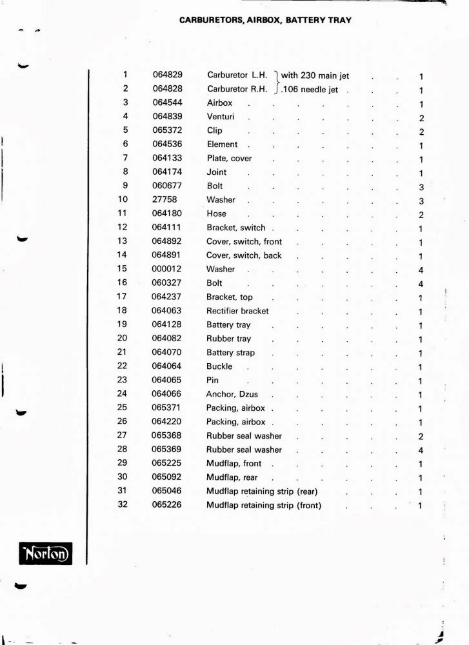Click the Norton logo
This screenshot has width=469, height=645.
(45, 553)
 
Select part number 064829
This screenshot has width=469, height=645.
(168, 75)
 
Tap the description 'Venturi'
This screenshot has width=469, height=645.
(221, 117)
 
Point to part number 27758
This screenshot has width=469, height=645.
(165, 200)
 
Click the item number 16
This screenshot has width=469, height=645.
(123, 283)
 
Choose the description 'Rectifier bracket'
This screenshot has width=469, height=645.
(237, 311)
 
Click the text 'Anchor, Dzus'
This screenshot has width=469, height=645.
(232, 394)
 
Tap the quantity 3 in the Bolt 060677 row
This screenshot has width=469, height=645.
(421, 187)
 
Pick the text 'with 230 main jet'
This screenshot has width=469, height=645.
(315, 75)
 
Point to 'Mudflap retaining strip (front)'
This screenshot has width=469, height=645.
(263, 506)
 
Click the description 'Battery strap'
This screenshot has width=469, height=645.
(230, 353)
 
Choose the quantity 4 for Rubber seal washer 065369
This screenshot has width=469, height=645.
(421, 450)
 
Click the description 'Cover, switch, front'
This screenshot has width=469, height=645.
(244, 242)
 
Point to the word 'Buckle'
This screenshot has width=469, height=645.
(219, 366)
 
